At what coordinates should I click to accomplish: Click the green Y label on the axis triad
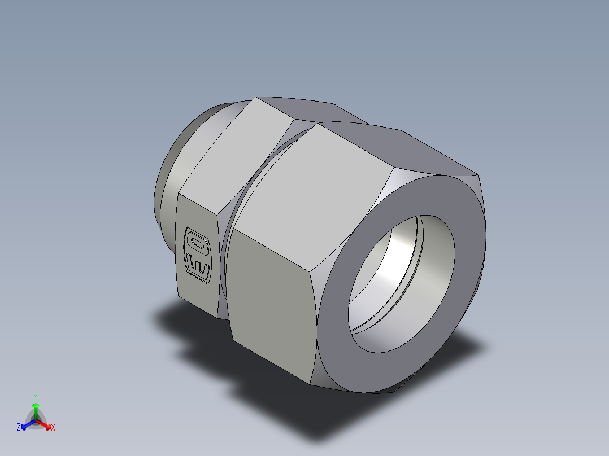[x=35, y=396]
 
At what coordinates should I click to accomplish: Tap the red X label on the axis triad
[x=53, y=428]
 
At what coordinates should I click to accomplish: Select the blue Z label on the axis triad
[x=19, y=428]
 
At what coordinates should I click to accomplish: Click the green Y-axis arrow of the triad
[x=36, y=409]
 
